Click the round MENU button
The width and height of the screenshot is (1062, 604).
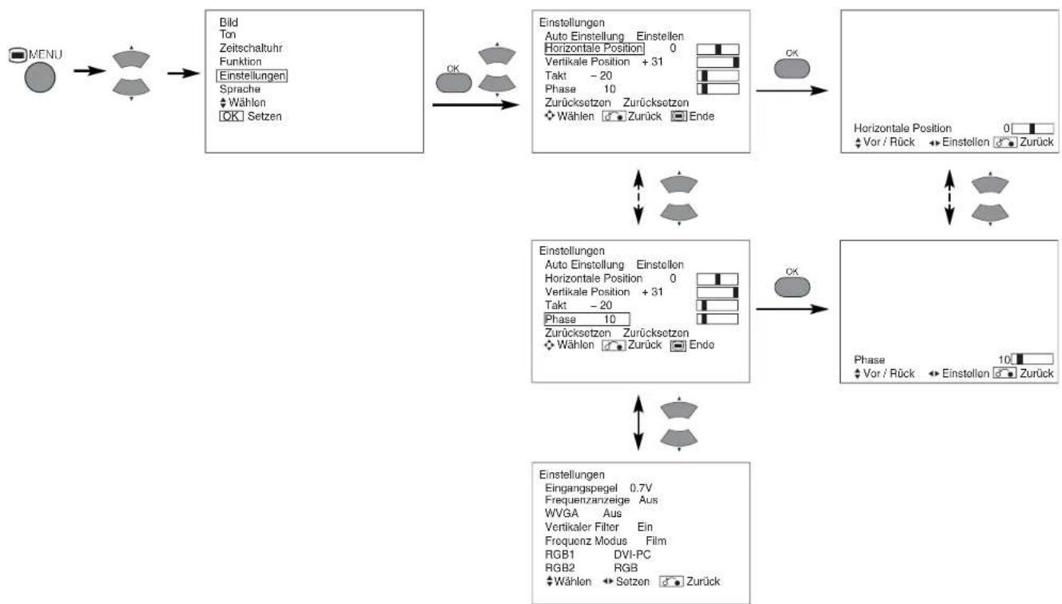click(x=40, y=77)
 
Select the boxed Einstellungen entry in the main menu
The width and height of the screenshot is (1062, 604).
click(x=252, y=75)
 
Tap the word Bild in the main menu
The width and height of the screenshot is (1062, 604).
click(x=229, y=22)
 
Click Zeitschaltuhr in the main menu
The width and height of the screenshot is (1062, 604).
click(x=251, y=48)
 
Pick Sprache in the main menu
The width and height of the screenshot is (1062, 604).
click(x=240, y=89)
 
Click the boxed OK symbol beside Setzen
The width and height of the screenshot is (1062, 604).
click(x=231, y=116)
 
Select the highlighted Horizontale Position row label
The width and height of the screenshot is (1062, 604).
click(x=594, y=49)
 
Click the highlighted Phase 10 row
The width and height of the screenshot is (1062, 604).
click(x=587, y=319)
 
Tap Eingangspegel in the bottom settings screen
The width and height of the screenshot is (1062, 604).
click(x=581, y=488)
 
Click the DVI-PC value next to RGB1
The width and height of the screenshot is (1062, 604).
click(x=632, y=554)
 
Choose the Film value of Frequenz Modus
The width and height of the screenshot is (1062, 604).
click(x=656, y=540)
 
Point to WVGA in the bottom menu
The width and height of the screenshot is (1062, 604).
click(x=561, y=513)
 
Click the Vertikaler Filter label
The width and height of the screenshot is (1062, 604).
click(x=582, y=527)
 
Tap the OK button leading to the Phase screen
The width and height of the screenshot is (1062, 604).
click(x=792, y=287)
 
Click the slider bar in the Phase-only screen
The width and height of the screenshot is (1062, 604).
click(x=1032, y=359)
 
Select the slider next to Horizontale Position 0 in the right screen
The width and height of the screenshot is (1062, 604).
click(x=1032, y=129)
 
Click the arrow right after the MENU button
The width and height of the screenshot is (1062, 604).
click(x=89, y=70)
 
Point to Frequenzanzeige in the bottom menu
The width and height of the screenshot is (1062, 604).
click(x=587, y=499)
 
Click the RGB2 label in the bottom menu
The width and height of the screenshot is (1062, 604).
click(x=559, y=567)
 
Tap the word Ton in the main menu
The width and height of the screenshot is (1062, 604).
click(x=228, y=34)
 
